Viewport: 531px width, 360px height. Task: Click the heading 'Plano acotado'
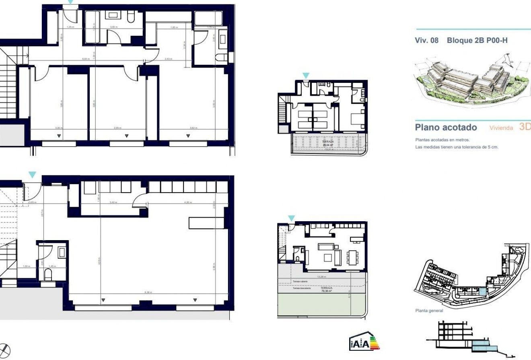click(446, 128)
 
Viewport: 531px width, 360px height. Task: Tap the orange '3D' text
click(525, 127)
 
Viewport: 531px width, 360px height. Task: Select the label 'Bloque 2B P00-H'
click(480, 41)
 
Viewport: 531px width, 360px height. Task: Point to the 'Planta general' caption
click(429, 311)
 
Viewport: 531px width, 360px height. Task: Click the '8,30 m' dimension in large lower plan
click(148, 292)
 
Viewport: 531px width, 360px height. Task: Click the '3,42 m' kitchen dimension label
click(113, 202)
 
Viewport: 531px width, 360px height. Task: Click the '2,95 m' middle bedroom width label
click(117, 128)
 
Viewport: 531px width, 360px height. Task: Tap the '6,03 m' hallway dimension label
click(85, 59)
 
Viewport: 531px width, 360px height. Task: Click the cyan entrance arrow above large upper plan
click(71, 2)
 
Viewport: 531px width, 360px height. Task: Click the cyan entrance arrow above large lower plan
click(32, 175)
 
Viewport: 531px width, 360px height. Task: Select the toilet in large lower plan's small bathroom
click(48, 276)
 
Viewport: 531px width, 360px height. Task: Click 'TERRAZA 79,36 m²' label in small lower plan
click(326, 290)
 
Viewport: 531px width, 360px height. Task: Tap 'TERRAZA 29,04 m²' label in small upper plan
click(328, 143)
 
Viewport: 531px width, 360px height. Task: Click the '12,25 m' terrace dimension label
click(321, 277)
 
